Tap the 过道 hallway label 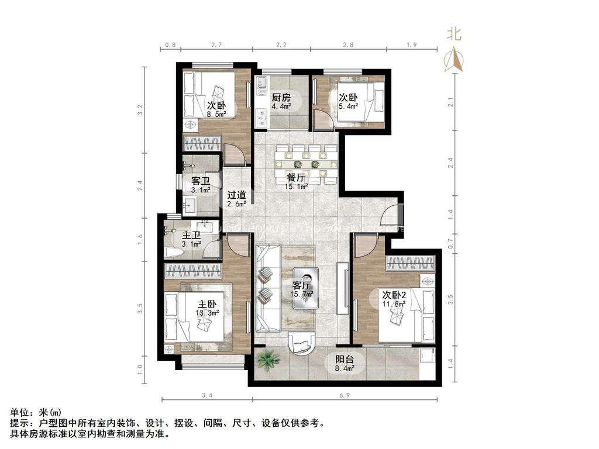pyautogui.click(x=236, y=195)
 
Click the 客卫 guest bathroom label pyautogui.click(x=192, y=181)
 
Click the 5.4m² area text pyautogui.click(x=349, y=106)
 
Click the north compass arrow pyautogui.click(x=454, y=58)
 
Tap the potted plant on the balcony pyautogui.click(x=267, y=361)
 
